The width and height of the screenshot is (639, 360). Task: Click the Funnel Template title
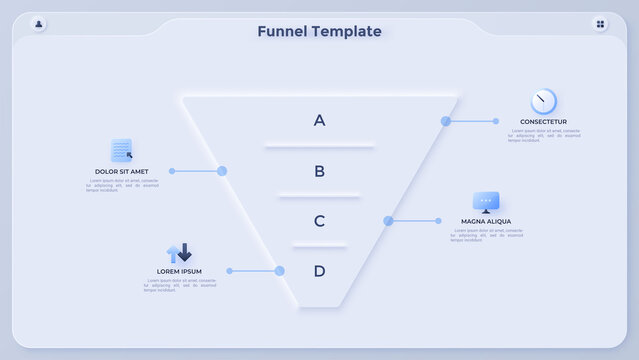coord(319,31)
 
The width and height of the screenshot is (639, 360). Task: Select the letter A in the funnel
coord(319,120)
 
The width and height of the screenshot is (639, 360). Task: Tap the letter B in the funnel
coord(319,171)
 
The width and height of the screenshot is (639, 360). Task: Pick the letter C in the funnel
coord(319,221)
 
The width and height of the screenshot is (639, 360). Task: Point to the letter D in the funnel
coord(319,271)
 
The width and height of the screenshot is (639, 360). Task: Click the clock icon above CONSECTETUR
coord(543,101)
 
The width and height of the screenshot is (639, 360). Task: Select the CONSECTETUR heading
coord(543,122)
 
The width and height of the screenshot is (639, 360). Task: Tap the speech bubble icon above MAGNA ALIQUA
coord(486,202)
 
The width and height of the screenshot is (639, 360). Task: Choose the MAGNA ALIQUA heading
coord(486,221)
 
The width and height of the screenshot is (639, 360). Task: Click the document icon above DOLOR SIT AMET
coord(122,150)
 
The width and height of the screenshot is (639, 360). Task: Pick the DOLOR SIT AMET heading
coord(122,171)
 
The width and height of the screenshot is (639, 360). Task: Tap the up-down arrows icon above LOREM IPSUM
coord(179,253)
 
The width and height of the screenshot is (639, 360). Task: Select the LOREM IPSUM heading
coord(179,272)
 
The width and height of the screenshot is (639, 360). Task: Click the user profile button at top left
coord(38,24)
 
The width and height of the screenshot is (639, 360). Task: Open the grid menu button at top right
coord(600,24)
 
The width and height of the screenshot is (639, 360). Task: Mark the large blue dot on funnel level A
coord(446,121)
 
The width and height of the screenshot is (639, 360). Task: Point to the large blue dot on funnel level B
coord(222,171)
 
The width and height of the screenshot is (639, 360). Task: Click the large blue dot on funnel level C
coord(388,221)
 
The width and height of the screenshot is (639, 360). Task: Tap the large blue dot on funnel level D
coord(280,271)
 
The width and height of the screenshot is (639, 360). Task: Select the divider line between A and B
coord(319,146)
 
